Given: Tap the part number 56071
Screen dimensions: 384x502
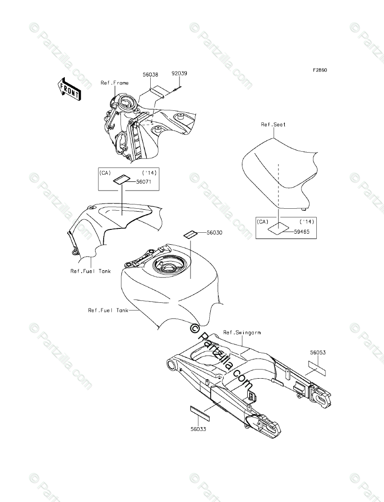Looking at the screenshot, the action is (143, 182).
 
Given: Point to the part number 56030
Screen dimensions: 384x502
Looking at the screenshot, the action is (215, 232).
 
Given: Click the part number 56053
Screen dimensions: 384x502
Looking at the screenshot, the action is (317, 353).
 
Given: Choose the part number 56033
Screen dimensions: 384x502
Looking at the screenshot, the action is (198, 430).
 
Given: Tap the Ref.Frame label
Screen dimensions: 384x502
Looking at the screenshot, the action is (114, 83).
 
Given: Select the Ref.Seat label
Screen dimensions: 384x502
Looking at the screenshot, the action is (273, 124).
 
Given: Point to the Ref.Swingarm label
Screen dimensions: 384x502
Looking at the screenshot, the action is (243, 332).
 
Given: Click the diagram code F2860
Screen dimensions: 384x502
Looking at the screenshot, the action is (320, 70).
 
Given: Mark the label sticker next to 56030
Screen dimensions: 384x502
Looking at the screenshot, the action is (190, 234).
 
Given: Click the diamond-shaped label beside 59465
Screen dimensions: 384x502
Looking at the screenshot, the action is (277, 228).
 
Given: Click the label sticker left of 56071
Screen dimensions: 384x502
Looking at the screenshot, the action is (120, 180).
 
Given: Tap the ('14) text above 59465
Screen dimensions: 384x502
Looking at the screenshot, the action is (306, 222).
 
